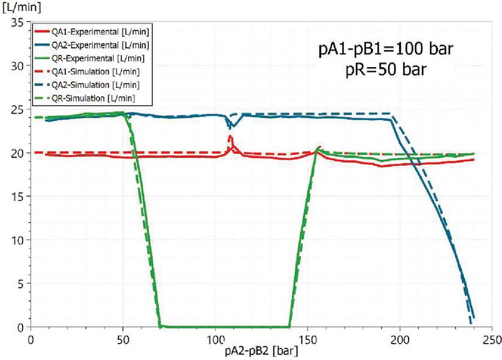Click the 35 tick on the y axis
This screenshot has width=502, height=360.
click(16, 22)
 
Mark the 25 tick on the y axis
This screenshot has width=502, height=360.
click(16, 109)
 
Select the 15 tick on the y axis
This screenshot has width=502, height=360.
click(16, 196)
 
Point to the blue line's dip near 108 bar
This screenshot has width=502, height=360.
click(231, 127)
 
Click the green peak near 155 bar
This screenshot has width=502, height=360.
click(318, 148)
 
